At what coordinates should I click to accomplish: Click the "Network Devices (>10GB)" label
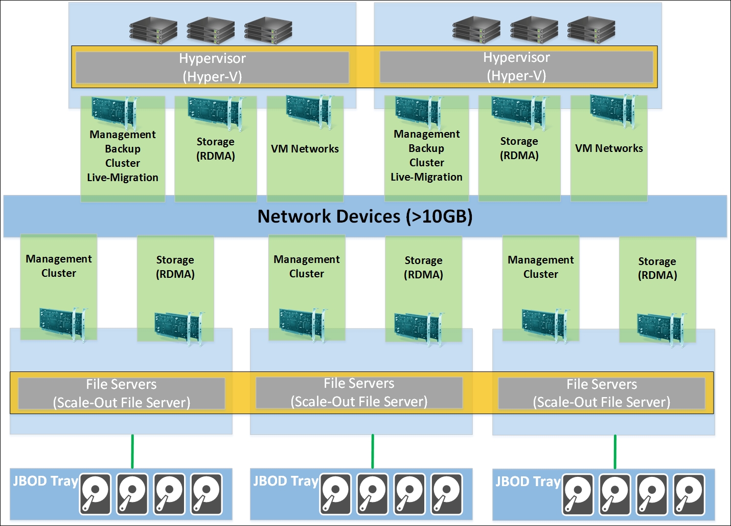click(x=364, y=216)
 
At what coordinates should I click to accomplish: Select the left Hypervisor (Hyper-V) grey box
click(x=212, y=67)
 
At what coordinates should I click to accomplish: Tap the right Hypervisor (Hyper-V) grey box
click(x=516, y=67)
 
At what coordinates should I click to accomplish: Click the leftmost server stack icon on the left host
click(x=153, y=30)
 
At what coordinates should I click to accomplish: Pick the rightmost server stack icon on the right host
click(x=591, y=29)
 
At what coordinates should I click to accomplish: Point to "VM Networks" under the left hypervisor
click(x=305, y=149)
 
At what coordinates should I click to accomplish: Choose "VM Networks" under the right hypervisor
click(x=609, y=148)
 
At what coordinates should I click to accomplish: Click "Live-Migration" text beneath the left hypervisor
click(x=123, y=178)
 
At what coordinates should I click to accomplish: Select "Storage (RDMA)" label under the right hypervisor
click(x=519, y=148)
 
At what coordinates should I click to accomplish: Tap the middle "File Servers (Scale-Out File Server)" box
click(x=359, y=392)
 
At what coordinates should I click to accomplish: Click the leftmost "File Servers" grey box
click(x=121, y=393)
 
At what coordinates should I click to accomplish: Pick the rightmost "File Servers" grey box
click(x=601, y=393)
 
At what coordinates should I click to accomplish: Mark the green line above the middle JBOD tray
click(x=373, y=451)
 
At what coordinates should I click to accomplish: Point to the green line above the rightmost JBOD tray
click(x=615, y=452)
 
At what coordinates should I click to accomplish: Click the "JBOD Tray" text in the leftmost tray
click(x=45, y=481)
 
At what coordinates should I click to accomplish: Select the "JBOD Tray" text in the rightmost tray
click(x=528, y=482)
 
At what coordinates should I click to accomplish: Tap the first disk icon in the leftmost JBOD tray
click(x=95, y=494)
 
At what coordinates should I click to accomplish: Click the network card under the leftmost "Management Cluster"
click(x=62, y=323)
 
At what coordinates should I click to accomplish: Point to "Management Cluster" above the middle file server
click(x=307, y=267)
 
